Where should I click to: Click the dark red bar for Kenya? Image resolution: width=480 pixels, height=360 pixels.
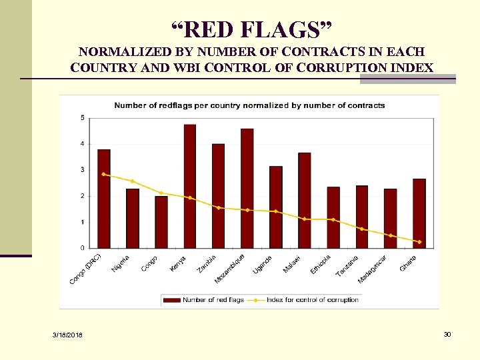click(x=190, y=187)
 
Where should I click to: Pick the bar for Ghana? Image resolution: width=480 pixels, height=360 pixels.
click(x=419, y=213)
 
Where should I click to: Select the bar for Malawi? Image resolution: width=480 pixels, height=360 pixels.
click(x=304, y=200)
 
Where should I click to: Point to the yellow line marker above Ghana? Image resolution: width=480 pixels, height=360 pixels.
click(x=419, y=242)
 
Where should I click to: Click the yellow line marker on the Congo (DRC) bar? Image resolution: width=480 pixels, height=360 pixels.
click(x=103, y=174)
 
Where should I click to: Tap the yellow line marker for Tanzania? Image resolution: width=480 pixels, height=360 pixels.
click(x=362, y=229)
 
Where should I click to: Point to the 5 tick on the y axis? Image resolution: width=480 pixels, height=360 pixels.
click(x=83, y=118)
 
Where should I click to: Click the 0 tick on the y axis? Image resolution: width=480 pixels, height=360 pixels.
click(x=83, y=248)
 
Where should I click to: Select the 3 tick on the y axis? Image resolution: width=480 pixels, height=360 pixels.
click(x=83, y=170)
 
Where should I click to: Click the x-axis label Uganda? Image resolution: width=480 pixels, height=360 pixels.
click(x=262, y=264)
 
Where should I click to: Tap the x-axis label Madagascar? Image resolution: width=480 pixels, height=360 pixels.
click(x=372, y=269)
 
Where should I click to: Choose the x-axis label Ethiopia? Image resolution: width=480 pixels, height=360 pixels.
click(x=320, y=264)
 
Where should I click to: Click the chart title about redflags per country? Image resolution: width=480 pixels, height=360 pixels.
click(x=249, y=105)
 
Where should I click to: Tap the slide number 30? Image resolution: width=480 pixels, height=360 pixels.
click(x=447, y=334)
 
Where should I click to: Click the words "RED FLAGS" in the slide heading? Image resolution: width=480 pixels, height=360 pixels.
click(x=255, y=29)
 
